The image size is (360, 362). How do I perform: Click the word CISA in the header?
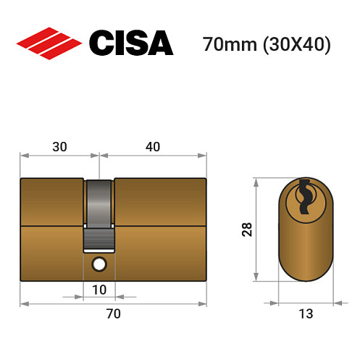(130, 43)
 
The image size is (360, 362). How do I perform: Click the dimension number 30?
(59, 146)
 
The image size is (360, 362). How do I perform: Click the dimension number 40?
(153, 146)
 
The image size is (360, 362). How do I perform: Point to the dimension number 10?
(99, 290)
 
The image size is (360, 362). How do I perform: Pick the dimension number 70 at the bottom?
(113, 313)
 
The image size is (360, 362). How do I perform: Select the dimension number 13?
(305, 313)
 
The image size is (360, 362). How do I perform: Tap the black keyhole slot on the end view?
(305, 195)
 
